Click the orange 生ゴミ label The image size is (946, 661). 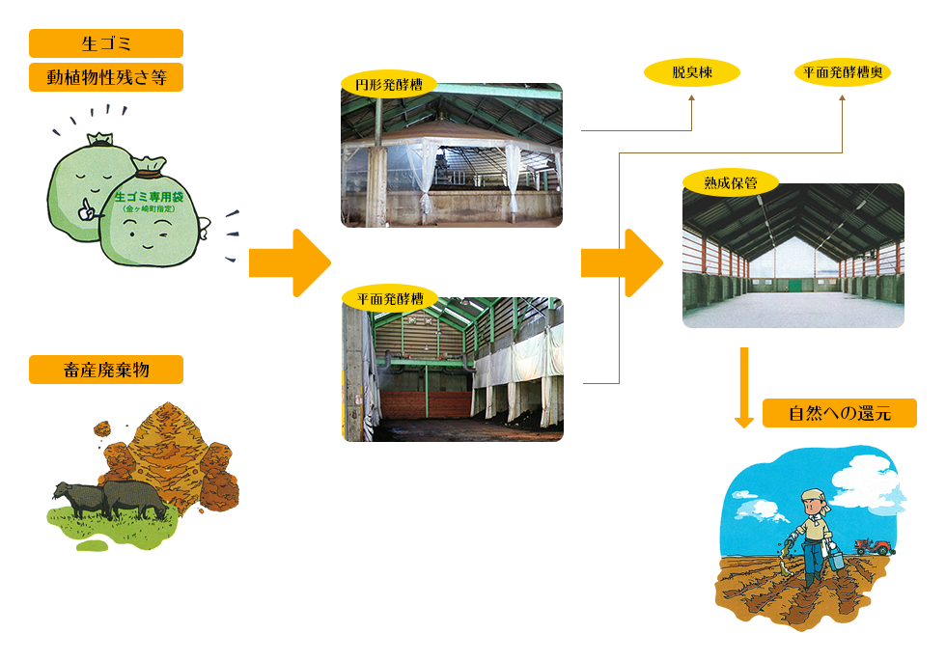coord(105,43)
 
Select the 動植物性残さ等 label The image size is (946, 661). coord(105,77)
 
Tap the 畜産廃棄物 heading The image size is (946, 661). coord(105,370)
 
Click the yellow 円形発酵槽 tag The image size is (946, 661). coord(388,84)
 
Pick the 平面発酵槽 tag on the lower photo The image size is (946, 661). coord(389,298)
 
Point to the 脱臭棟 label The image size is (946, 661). coord(691,72)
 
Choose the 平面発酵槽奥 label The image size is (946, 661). coord(842,72)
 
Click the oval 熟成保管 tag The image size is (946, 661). coord(730,180)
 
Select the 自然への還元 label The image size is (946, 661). coord(839,413)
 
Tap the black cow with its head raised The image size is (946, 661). coord(73,497)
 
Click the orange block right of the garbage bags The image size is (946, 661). coord(290,262)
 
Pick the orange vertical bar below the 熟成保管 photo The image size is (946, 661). coord(743,387)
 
